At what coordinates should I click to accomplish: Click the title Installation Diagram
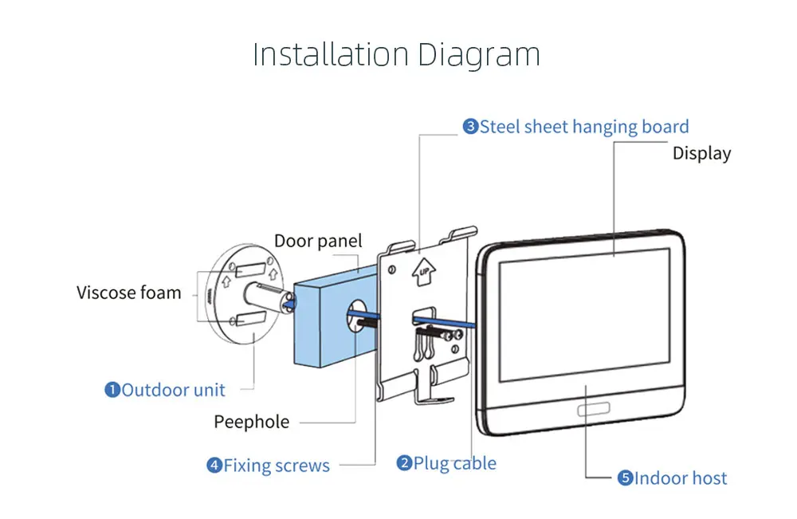point(396,54)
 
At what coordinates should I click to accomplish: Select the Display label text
point(701,153)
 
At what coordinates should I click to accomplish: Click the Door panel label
point(318,241)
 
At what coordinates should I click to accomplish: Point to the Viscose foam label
point(129,293)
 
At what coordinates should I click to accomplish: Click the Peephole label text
point(251,422)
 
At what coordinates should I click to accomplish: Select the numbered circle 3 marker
point(470,127)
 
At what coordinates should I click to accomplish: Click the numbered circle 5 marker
point(625,478)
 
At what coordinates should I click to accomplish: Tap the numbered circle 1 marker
point(112,390)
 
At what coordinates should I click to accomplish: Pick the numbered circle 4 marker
point(214,466)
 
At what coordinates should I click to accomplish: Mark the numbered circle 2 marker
point(404,463)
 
